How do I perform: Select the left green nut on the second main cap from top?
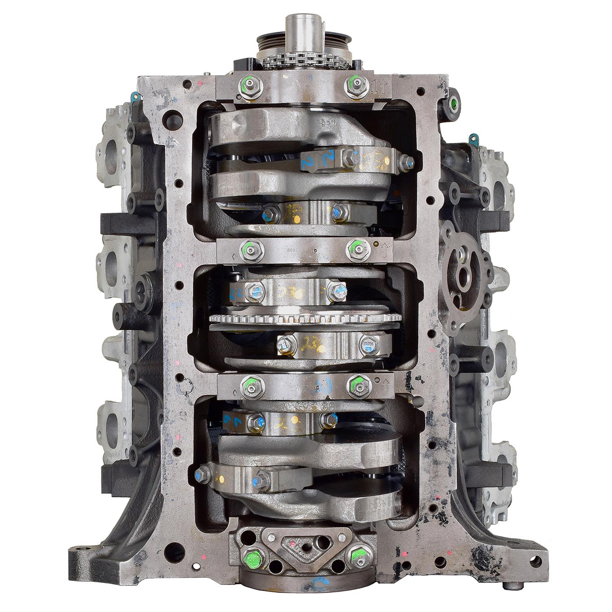pos(248,247)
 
